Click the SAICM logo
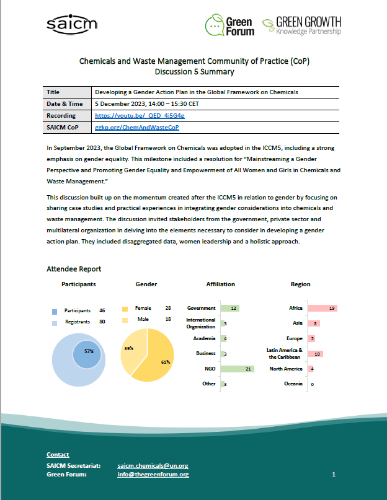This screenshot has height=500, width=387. [x=72, y=24]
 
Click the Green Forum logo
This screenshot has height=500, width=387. [x=229, y=25]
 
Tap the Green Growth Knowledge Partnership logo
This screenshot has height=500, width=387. [x=301, y=25]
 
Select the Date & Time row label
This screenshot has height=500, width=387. [x=64, y=103]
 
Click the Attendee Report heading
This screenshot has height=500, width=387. [x=74, y=269]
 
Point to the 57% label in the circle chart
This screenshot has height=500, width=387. [x=89, y=351]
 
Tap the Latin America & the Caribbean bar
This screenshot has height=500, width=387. [x=314, y=354]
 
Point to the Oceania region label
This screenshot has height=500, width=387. [x=293, y=384]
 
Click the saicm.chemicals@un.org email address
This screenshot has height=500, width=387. [x=153, y=465]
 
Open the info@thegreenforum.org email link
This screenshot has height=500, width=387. [x=153, y=475]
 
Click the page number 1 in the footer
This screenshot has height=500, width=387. [x=334, y=475]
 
